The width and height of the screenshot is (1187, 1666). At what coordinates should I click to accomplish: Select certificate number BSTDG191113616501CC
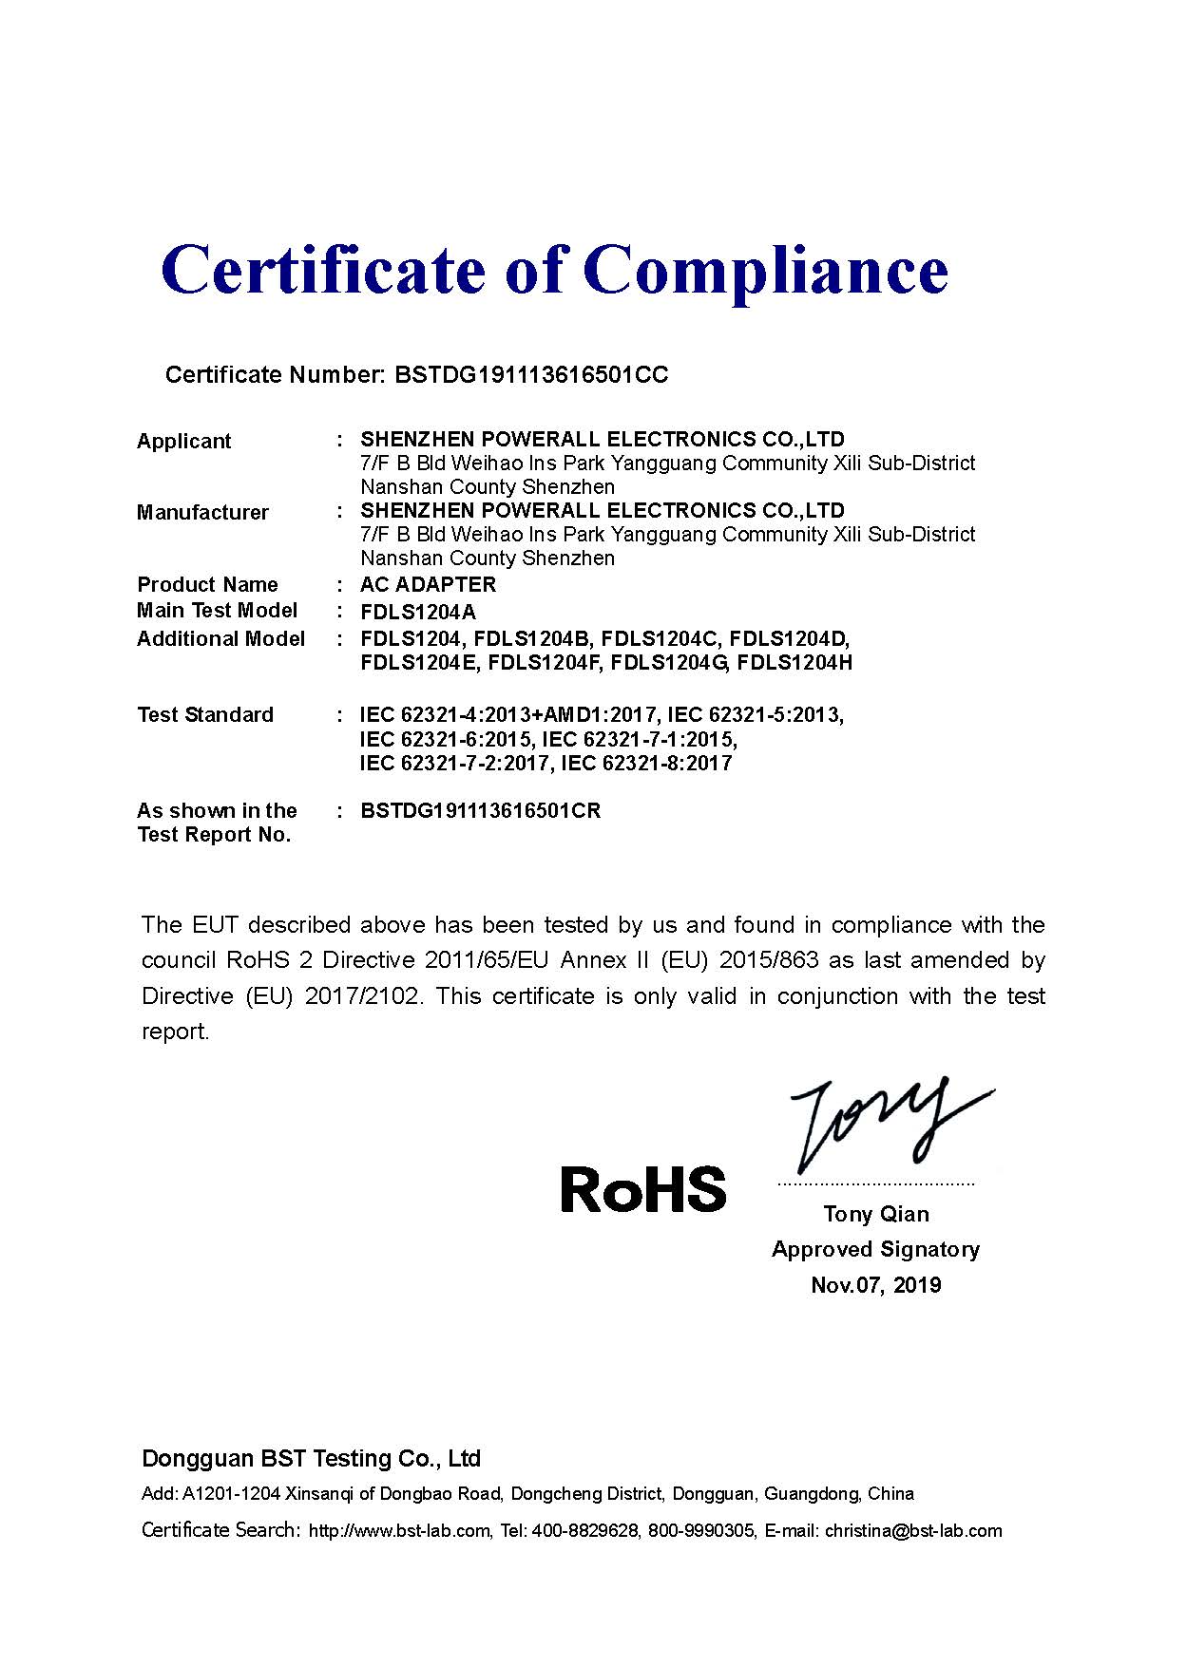pyautogui.click(x=530, y=375)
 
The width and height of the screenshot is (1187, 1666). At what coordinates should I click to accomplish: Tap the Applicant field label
pyautogui.click(x=184, y=441)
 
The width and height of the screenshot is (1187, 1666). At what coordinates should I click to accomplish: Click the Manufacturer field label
pyautogui.click(x=202, y=513)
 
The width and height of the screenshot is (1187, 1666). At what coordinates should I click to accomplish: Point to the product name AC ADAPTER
pyautogui.click(x=428, y=584)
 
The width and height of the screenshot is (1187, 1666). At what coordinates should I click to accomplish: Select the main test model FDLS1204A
pyautogui.click(x=418, y=613)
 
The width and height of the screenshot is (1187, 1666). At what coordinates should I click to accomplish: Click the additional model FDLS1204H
pyautogui.click(x=795, y=663)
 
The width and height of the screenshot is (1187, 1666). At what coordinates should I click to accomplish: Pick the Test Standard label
pyautogui.click(x=205, y=714)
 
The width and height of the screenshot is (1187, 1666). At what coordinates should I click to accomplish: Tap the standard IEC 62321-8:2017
pyautogui.click(x=646, y=764)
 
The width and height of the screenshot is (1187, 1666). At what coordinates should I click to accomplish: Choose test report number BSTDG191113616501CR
pyautogui.click(x=480, y=811)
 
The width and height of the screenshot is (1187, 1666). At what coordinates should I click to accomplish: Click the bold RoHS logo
pyautogui.click(x=643, y=1189)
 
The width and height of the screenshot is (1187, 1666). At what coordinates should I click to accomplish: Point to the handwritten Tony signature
pyautogui.click(x=889, y=1126)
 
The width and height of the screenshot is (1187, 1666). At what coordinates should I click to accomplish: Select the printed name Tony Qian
pyautogui.click(x=876, y=1214)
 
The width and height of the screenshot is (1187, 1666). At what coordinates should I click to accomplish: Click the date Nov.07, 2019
pyautogui.click(x=876, y=1285)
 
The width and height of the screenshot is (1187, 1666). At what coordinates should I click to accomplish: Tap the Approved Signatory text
pyautogui.click(x=875, y=1249)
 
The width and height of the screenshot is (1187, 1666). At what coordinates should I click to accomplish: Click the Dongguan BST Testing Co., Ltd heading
pyautogui.click(x=311, y=1458)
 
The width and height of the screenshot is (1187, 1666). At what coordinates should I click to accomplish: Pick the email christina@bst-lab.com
pyautogui.click(x=913, y=1530)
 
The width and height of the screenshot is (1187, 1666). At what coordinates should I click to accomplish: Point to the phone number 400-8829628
pyautogui.click(x=584, y=1530)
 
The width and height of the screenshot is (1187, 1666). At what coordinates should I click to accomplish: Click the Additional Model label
pyautogui.click(x=220, y=638)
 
